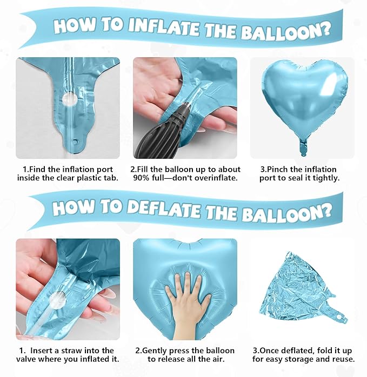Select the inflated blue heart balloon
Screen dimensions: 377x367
click(302, 100)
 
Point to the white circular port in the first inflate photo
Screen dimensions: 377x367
click(69, 99)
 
